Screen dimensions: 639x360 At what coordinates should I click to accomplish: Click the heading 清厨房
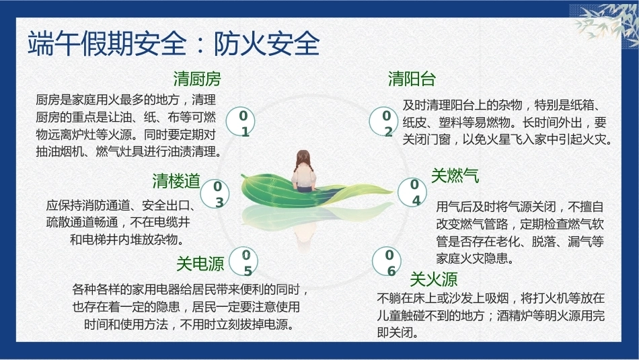[x=197, y=79]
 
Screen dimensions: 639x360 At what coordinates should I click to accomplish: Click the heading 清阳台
[x=412, y=79]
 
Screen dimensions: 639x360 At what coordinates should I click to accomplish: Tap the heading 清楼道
[x=176, y=181]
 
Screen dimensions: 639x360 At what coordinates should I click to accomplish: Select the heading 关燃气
[x=455, y=176]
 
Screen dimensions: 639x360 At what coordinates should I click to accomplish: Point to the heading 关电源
[x=200, y=264]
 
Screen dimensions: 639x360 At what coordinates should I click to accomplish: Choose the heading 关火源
[x=434, y=279]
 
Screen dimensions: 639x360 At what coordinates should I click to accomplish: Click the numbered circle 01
[x=240, y=122]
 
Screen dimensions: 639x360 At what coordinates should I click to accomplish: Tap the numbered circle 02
[x=383, y=122]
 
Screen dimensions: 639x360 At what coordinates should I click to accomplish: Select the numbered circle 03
[x=215, y=194]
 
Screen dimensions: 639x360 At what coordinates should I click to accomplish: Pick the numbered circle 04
[x=412, y=192]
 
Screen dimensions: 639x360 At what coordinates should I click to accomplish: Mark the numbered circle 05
[x=243, y=261]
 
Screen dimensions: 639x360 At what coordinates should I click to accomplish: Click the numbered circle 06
[x=387, y=261]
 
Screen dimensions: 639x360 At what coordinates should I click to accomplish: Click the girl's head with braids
[x=303, y=160]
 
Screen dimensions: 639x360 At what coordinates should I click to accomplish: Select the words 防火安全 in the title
[x=266, y=43]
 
